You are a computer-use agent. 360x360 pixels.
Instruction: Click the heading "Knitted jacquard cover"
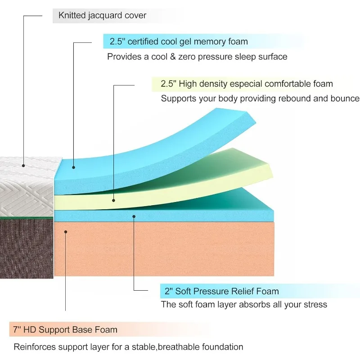pyautogui.click(x=102, y=15)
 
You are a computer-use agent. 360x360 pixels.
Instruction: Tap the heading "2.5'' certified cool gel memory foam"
pyautogui.click(x=179, y=42)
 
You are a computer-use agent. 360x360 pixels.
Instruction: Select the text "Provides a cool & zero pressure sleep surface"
pyautogui.click(x=197, y=57)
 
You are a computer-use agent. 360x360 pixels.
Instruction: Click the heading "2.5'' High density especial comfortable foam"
pyautogui.click(x=247, y=84)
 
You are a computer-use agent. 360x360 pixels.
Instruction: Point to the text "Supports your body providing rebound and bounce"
pyautogui.click(x=260, y=98)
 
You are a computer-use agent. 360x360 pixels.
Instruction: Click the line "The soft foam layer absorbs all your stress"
pyautogui.click(x=244, y=305)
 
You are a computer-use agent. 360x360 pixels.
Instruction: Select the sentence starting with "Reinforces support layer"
pyautogui.click(x=128, y=347)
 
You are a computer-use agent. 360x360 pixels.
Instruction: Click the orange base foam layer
pyautogui.click(x=180, y=250)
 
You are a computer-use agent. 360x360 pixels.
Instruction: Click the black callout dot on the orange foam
pyautogui.click(x=66, y=232)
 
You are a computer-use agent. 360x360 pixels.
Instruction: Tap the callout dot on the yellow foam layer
pyautogui.click(x=113, y=201)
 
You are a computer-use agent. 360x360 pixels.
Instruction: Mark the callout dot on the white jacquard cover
pyautogui.click(x=23, y=165)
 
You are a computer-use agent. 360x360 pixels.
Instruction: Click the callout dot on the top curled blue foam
pyautogui.click(x=73, y=167)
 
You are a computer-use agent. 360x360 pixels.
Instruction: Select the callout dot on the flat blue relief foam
pyautogui.click(x=134, y=216)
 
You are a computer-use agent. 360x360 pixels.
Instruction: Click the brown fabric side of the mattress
pyautogui.click(x=27, y=247)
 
